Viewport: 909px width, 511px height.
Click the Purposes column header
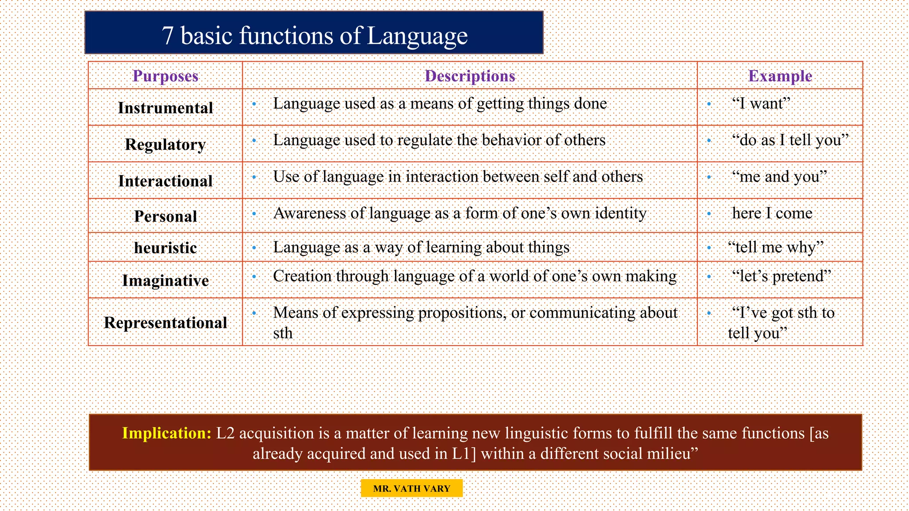pos(165,76)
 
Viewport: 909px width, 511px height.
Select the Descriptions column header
pos(470,76)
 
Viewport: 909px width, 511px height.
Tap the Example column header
pos(780,76)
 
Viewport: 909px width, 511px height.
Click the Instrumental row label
pos(165,108)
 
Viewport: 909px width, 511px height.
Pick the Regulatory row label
pos(165,144)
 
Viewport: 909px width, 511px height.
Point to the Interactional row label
pos(165,181)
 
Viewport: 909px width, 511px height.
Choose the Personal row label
pos(165,216)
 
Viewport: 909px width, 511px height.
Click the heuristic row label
pos(165,248)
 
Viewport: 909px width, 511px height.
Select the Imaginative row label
pos(165,280)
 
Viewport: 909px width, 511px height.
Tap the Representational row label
pos(165,322)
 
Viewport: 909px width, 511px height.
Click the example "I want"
pos(761,103)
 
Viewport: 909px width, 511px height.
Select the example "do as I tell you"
pos(790,140)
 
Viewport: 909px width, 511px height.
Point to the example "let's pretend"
pos(781,276)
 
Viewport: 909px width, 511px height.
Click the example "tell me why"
pos(775,247)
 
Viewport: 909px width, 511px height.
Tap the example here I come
pos(772,213)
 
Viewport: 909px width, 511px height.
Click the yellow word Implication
pos(166,433)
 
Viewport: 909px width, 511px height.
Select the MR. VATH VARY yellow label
pos(411,488)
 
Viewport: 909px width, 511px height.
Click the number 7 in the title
pos(168,35)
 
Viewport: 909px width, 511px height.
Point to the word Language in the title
pos(417,35)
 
